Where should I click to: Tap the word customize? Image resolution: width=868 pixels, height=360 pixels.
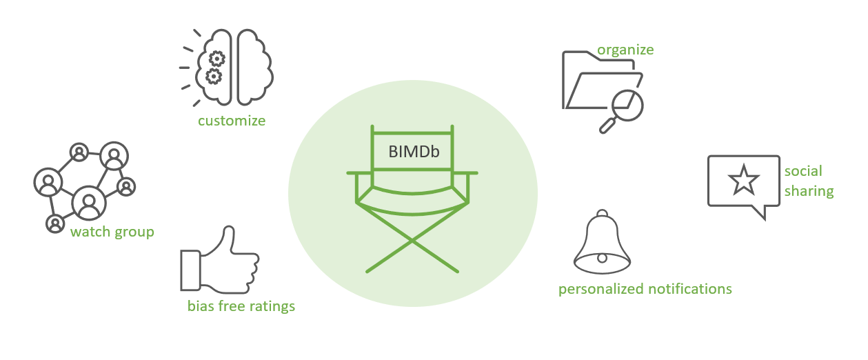[232, 121]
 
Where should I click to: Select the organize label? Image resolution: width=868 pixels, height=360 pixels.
[625, 50]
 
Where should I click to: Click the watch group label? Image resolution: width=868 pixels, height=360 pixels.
[112, 232]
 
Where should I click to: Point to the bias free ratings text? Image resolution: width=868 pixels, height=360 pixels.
[241, 306]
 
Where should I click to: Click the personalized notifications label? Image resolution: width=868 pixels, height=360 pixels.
[645, 288]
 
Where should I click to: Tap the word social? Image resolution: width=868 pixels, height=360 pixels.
[803, 171]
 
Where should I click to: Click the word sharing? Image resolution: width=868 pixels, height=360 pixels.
[809, 191]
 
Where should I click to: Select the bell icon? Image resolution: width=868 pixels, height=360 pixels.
[602, 241]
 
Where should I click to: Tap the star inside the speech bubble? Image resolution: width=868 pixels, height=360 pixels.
[743, 181]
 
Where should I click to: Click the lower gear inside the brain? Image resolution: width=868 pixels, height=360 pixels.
[214, 75]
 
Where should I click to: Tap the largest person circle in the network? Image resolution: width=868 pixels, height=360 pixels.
[89, 203]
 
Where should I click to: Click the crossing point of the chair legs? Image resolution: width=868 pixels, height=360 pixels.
[412, 240]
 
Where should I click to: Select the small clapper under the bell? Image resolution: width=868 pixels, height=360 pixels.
[602, 258]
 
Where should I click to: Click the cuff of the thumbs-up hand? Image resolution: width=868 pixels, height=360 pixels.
[190, 269]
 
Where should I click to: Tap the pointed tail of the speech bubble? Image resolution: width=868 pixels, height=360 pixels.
[762, 213]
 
